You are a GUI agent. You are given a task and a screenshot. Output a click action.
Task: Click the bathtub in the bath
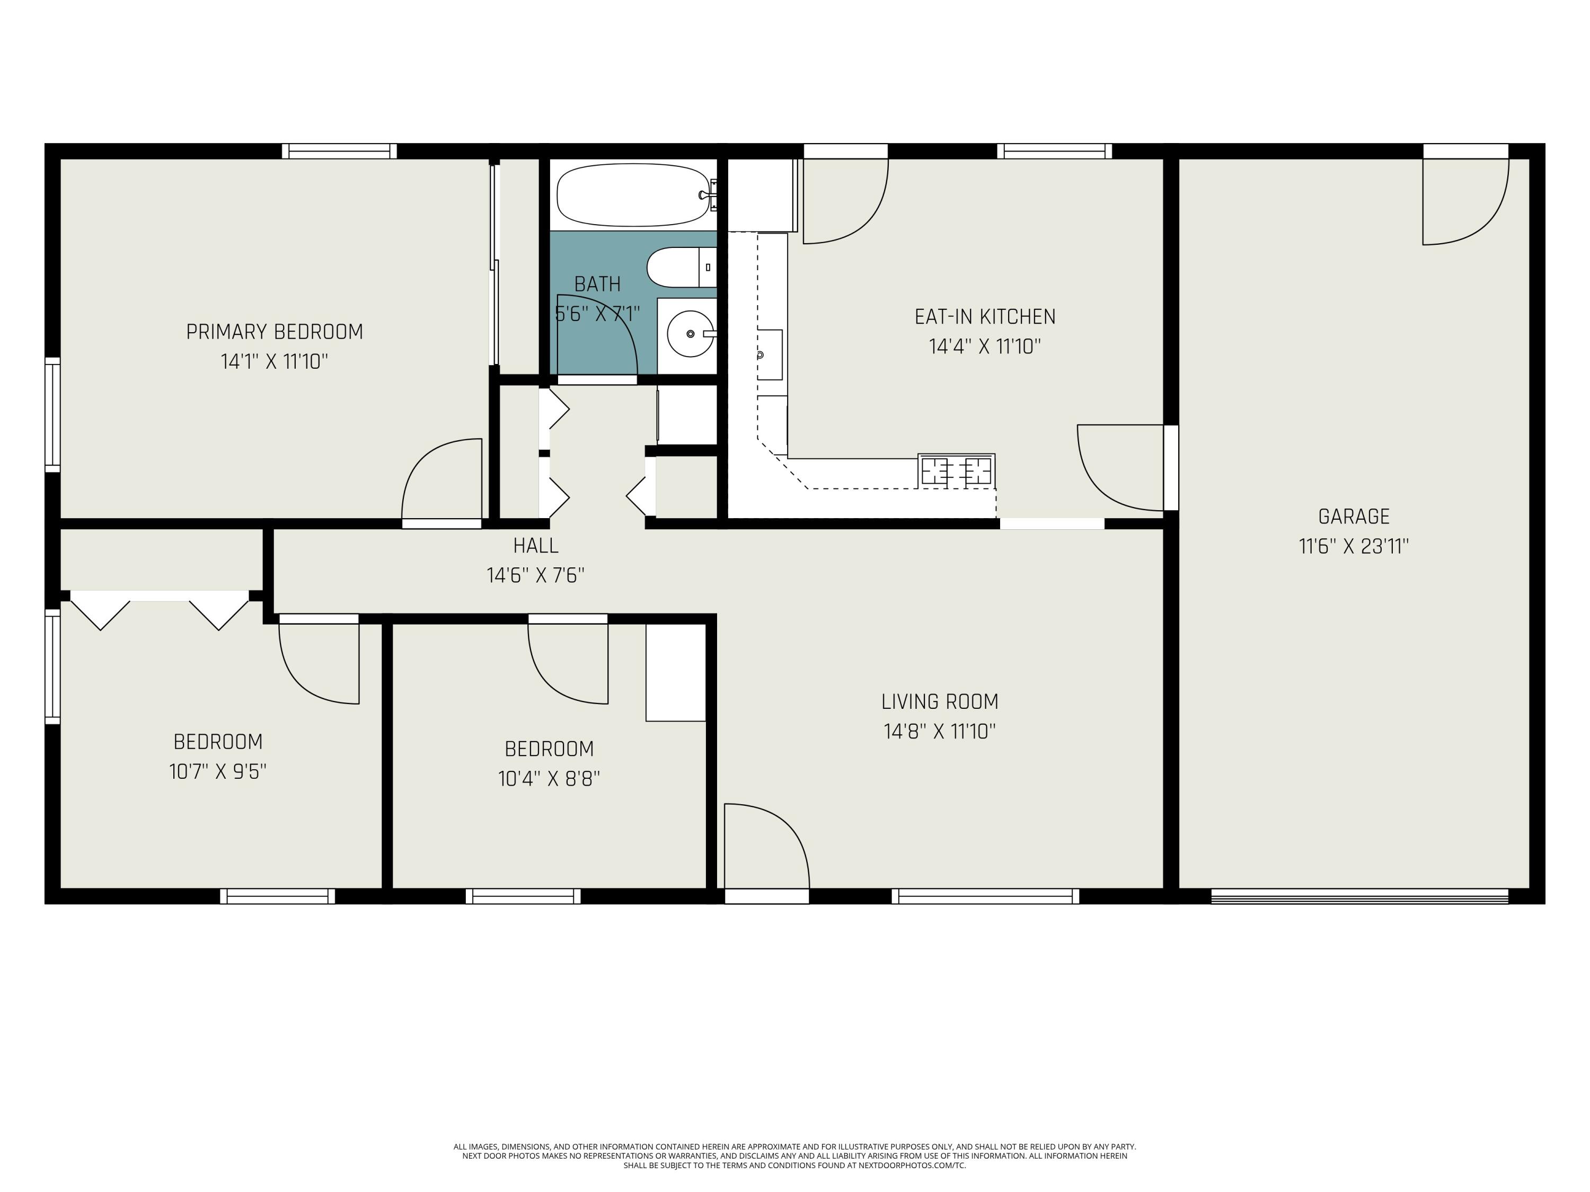pyautogui.click(x=632, y=195)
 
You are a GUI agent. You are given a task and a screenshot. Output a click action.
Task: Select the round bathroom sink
pyautogui.click(x=690, y=334)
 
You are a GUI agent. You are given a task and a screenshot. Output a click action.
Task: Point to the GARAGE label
pyautogui.click(x=1354, y=517)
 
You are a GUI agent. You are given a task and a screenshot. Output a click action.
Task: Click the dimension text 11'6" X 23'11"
pyautogui.click(x=1354, y=547)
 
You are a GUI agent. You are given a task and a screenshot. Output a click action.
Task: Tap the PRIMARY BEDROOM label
pyautogui.click(x=275, y=332)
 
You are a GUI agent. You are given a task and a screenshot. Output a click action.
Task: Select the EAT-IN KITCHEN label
pyautogui.click(x=985, y=317)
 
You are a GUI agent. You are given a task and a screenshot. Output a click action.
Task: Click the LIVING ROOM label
pyautogui.click(x=940, y=702)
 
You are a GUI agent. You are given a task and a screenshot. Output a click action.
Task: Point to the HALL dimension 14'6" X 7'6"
pyautogui.click(x=535, y=575)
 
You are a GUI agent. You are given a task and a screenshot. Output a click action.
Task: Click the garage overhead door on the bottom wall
pyautogui.click(x=1358, y=896)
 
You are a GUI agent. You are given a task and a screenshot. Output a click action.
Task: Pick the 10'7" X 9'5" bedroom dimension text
pyautogui.click(x=218, y=772)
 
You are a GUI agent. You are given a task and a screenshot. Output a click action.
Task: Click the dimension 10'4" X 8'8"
pyautogui.click(x=549, y=779)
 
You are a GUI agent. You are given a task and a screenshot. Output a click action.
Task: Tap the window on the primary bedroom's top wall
pyautogui.click(x=339, y=151)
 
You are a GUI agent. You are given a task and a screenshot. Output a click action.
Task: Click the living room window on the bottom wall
pyautogui.click(x=985, y=896)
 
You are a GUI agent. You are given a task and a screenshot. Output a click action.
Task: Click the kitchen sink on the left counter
pyautogui.click(x=769, y=355)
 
